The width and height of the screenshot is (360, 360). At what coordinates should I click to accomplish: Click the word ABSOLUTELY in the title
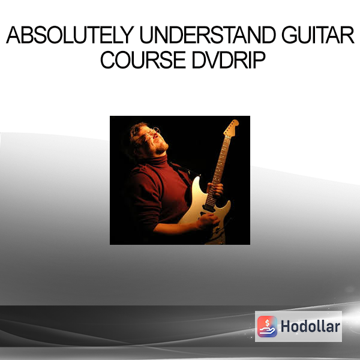tap(70, 35)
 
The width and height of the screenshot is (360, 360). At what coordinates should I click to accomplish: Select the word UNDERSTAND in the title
tap(208, 35)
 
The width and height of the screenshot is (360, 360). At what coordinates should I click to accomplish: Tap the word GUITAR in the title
tap(318, 35)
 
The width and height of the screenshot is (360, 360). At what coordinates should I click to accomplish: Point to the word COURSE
tap(143, 60)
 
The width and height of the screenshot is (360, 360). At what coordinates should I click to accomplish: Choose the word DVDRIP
tap(229, 60)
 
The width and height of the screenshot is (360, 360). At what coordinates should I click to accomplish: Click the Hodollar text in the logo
tap(310, 326)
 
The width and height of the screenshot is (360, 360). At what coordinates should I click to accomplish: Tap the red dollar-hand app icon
tap(267, 326)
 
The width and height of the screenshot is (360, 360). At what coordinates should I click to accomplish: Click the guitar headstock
tap(231, 127)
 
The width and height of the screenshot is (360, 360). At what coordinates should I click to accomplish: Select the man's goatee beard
tap(162, 148)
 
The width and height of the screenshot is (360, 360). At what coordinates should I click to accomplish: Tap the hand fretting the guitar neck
tap(215, 190)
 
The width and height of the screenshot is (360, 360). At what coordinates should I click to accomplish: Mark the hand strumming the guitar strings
tap(208, 220)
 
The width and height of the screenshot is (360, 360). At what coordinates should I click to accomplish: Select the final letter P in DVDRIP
tap(259, 60)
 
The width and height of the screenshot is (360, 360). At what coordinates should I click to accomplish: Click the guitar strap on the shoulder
tap(182, 169)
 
